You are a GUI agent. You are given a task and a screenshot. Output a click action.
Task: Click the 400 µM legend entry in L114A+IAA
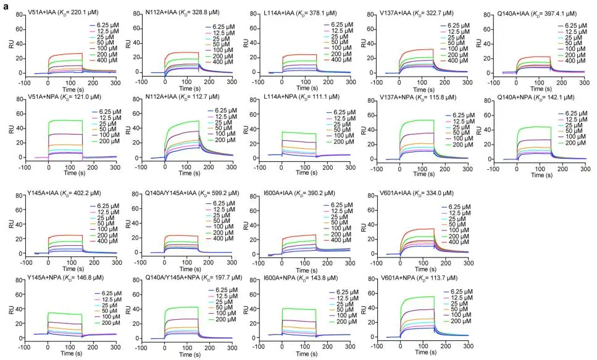coord(336,61)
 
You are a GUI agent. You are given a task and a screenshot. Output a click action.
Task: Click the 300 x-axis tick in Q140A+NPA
coord(583,164)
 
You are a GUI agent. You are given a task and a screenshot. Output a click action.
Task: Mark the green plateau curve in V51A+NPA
coord(71,120)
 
